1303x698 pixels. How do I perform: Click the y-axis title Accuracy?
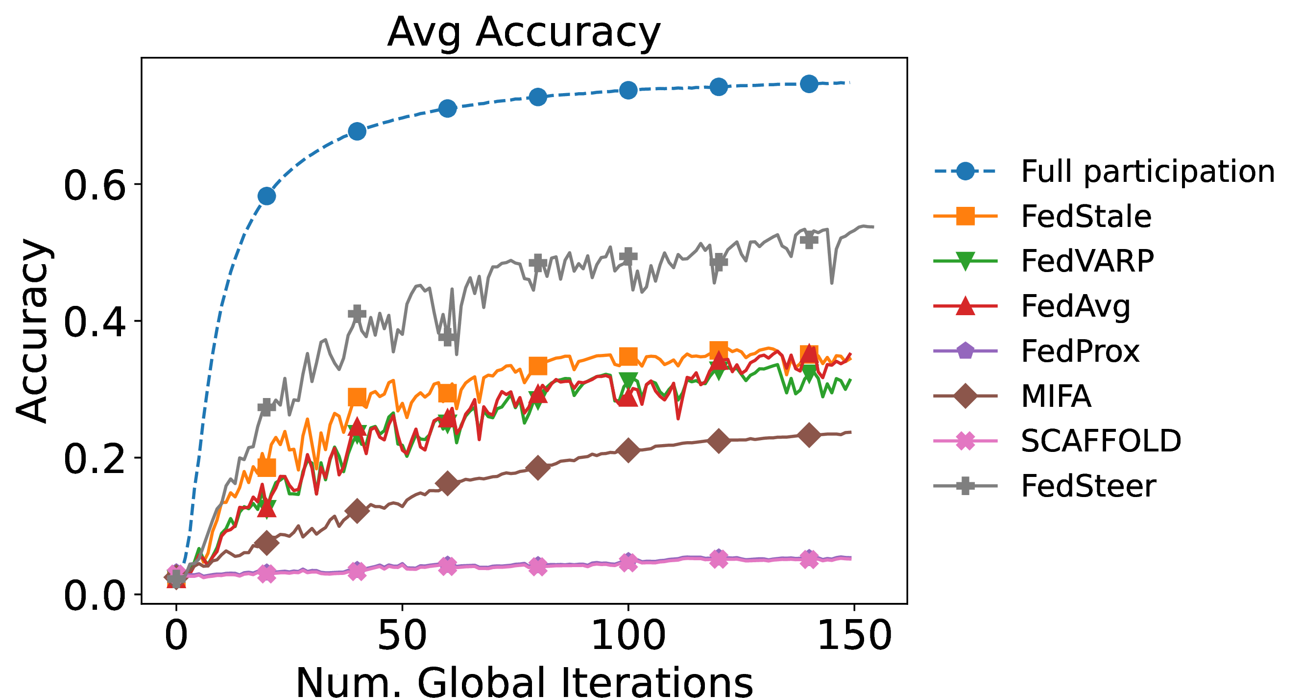[32, 330]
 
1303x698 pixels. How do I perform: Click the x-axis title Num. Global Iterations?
[524, 682]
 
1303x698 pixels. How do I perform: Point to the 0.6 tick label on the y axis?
[95, 185]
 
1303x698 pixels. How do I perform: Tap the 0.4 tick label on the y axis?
[95, 322]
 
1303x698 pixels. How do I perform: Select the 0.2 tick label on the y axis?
[95, 459]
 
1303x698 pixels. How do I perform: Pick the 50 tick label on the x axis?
[402, 636]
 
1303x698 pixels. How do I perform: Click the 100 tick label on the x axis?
[628, 636]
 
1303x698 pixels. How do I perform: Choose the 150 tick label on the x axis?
[854, 636]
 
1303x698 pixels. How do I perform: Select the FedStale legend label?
[1086, 217]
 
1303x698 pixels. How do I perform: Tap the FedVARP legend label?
[1087, 261]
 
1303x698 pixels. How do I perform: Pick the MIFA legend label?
[1056, 396]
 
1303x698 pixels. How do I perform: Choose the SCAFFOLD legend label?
[1101, 441]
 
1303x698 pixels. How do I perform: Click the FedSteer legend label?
[1088, 486]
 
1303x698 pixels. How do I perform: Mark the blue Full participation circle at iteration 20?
[266, 196]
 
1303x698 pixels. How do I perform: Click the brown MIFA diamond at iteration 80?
[538, 467]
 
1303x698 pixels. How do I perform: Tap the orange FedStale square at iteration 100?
[628, 356]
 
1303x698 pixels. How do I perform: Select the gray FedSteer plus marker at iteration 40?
[357, 313]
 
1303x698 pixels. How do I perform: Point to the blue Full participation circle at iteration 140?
[809, 83]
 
